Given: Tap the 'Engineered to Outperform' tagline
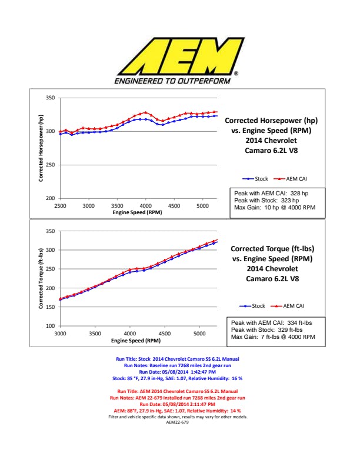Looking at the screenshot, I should click(x=172, y=80).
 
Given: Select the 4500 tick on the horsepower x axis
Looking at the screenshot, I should click(x=174, y=206).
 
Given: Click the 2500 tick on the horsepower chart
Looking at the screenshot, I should click(x=60, y=206).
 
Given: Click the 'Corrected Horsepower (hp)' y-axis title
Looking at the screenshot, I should click(x=42, y=148).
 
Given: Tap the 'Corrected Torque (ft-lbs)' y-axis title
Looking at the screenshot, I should click(x=42, y=279).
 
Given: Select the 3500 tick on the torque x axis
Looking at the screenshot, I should click(x=95, y=334).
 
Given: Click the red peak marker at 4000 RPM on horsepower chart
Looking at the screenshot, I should click(x=145, y=112).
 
